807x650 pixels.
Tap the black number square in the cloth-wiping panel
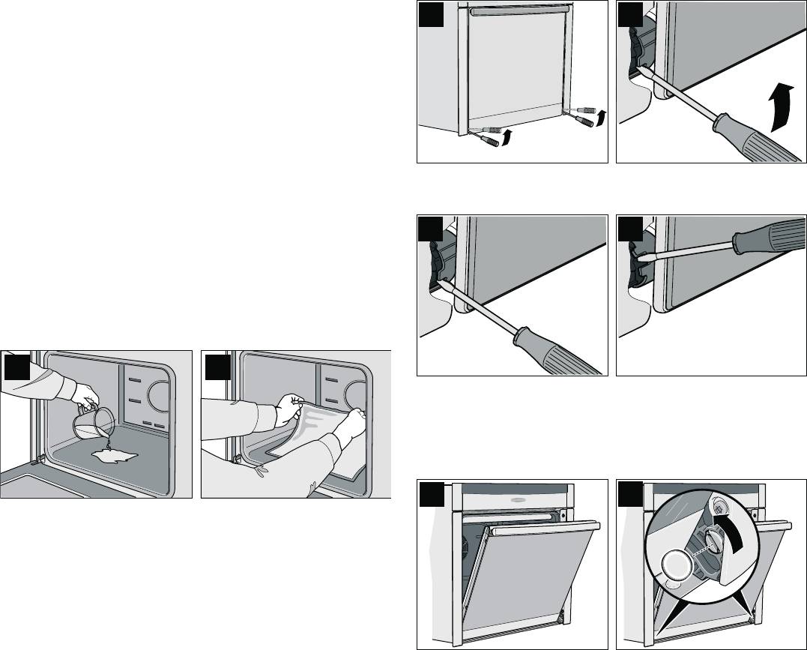pyautogui.click(x=217, y=365)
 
